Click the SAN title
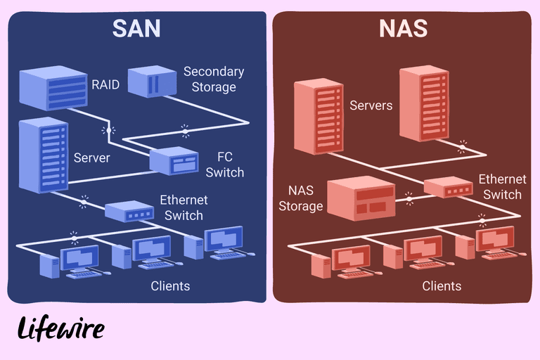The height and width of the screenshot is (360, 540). coord(136,28)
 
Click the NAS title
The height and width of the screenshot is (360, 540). coord(403,28)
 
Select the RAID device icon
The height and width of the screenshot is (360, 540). coord(53,88)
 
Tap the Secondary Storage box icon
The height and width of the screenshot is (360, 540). coord(150,82)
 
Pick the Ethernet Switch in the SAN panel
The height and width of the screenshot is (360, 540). coord(129,210)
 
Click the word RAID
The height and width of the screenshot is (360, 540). coord(105,86)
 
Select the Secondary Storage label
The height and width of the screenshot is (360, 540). coord(214,79)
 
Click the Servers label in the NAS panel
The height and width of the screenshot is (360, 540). coord(371,105)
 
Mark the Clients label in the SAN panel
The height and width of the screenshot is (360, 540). coord(170,286)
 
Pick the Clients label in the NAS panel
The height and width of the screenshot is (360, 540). coord(442,286)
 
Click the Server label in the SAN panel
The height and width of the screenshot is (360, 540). coord(91,157)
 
